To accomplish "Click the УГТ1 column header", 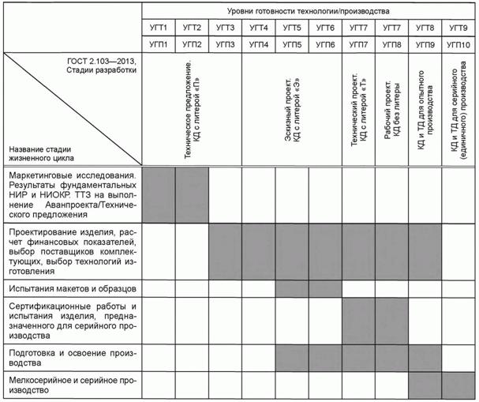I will point(158,28).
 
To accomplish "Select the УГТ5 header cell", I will point(292,28).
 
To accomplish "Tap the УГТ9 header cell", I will point(457,28).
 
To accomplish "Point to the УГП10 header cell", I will point(457,44).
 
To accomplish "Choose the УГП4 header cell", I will point(258,44).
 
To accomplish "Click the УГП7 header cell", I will point(358,44).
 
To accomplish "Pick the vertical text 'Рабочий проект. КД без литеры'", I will point(392,118).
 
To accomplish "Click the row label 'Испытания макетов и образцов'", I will point(73,287).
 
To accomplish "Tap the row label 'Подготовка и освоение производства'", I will point(73,359).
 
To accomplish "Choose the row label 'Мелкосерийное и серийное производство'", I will point(73,386).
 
